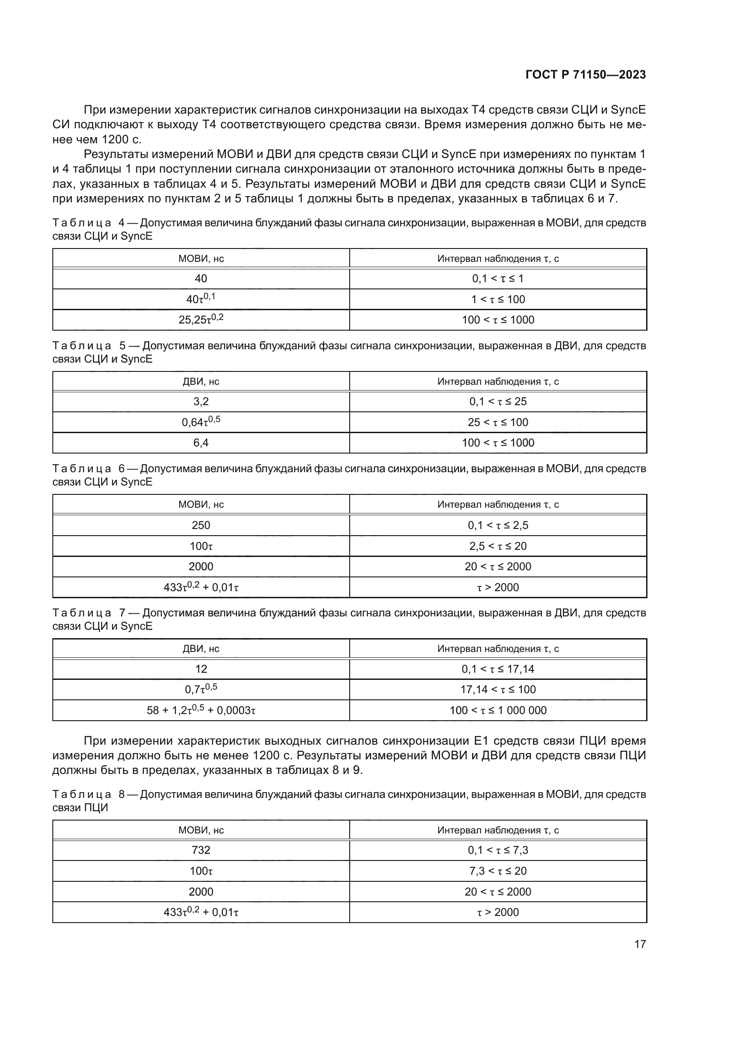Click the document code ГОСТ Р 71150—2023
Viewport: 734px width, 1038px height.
click(x=586, y=75)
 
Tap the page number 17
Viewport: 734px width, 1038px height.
click(x=640, y=944)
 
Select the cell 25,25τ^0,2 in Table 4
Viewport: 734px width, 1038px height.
click(x=201, y=320)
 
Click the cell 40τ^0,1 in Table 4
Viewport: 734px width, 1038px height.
click(x=201, y=299)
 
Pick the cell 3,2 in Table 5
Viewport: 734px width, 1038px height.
click(x=201, y=402)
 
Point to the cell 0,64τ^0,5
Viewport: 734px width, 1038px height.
click(x=201, y=422)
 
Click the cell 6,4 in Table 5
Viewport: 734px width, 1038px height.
click(x=201, y=442)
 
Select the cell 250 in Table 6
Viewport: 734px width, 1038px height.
click(x=201, y=525)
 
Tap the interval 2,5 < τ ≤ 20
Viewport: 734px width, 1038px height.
click(x=498, y=546)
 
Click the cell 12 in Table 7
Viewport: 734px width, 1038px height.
click(x=201, y=669)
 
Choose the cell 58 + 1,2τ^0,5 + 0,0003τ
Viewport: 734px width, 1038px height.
click(x=201, y=710)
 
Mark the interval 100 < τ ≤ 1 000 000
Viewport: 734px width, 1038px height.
click(x=498, y=710)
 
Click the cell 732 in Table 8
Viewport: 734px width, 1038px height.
click(x=201, y=850)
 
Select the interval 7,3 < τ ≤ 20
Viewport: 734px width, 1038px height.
click(x=498, y=871)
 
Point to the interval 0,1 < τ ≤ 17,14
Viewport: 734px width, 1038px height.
click(x=498, y=669)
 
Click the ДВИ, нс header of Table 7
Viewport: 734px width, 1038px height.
click(x=201, y=649)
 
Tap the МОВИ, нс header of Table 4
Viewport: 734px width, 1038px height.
click(x=201, y=259)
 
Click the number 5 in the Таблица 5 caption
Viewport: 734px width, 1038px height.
click(x=122, y=346)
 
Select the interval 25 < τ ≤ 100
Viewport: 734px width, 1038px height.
click(x=498, y=422)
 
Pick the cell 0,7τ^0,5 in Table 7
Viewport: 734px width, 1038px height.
click(x=201, y=690)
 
